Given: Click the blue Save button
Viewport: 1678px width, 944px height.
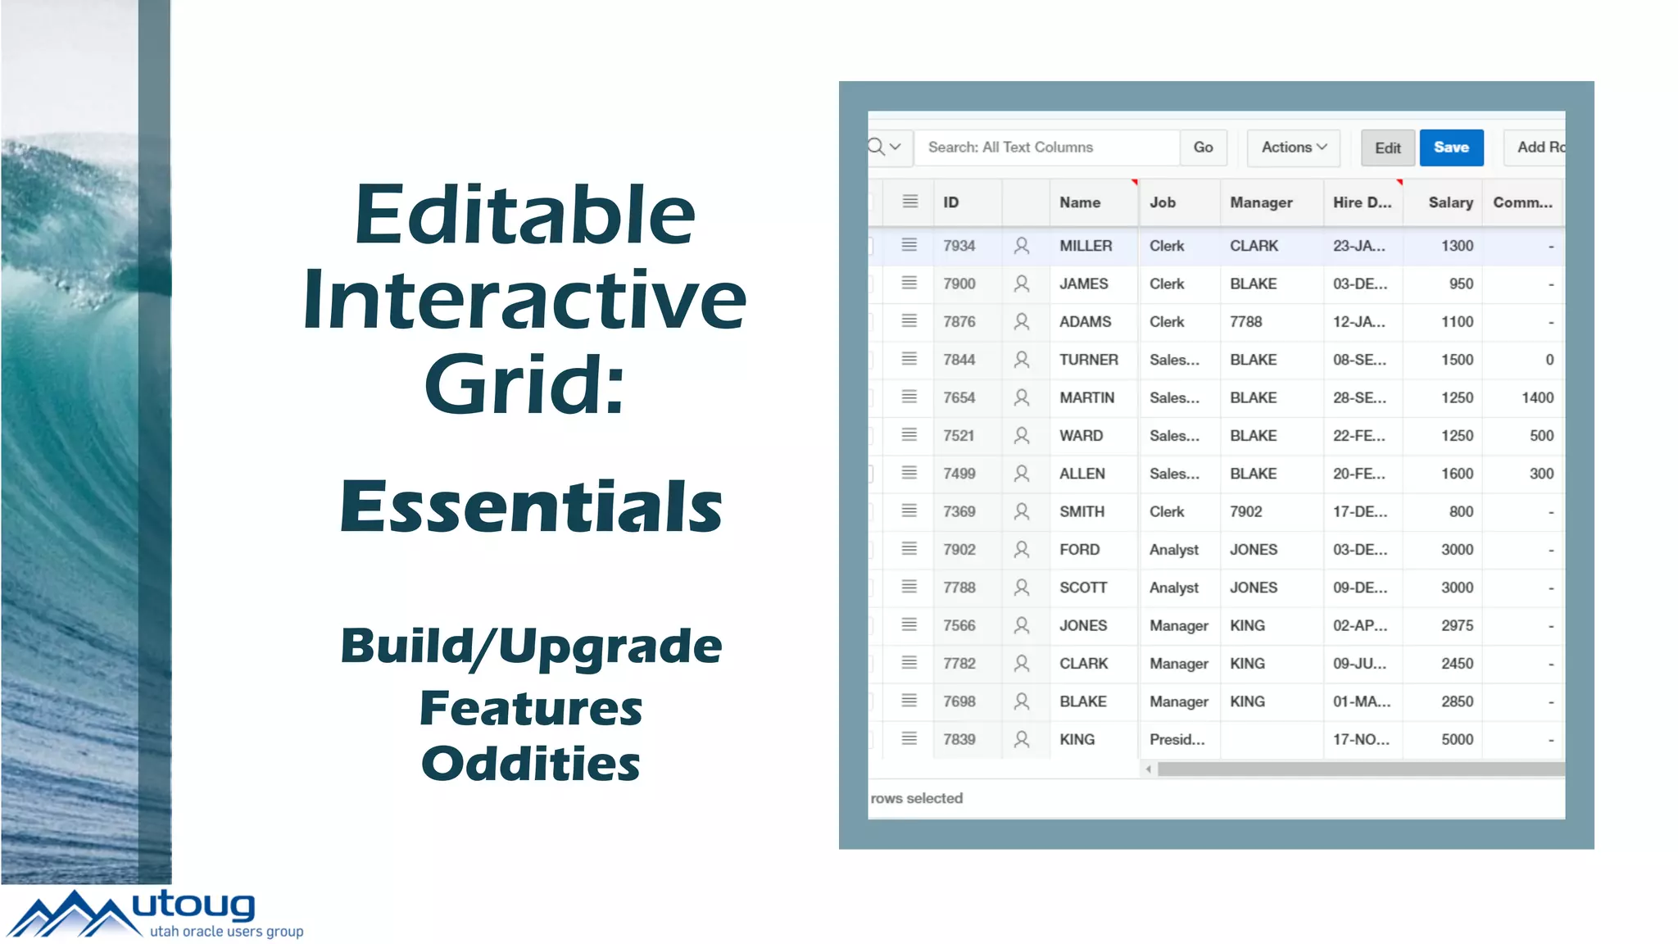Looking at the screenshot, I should [x=1450, y=147].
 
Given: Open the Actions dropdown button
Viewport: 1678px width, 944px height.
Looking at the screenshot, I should [x=1293, y=147].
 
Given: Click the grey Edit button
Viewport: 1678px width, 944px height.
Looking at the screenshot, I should [x=1387, y=148].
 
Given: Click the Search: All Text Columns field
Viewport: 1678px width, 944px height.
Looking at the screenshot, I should [x=1046, y=147].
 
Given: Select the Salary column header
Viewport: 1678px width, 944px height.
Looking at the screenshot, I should [x=1449, y=202].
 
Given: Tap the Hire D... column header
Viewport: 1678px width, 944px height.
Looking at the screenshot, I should [x=1361, y=202].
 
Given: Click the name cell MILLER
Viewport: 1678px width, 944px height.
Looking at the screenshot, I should [x=1086, y=246].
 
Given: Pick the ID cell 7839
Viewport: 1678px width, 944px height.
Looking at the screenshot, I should [x=959, y=739].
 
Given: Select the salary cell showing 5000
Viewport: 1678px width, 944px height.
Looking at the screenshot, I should [x=1456, y=739].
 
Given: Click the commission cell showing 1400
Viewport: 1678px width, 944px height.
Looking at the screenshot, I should [x=1536, y=397].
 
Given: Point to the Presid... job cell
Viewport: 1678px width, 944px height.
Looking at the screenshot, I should [x=1177, y=739].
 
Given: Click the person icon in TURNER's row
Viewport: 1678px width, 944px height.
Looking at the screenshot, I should [x=1021, y=360].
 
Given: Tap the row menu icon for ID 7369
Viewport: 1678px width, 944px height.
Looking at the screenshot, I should [x=909, y=511].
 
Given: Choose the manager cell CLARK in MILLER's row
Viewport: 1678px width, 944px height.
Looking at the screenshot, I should [x=1254, y=246].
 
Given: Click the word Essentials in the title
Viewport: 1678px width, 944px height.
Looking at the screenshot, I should [x=531, y=506].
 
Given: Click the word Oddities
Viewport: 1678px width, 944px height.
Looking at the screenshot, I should [x=530, y=764].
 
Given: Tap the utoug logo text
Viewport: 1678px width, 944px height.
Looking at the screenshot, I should [x=193, y=905].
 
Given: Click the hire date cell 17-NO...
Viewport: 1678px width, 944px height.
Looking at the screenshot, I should [x=1360, y=739].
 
